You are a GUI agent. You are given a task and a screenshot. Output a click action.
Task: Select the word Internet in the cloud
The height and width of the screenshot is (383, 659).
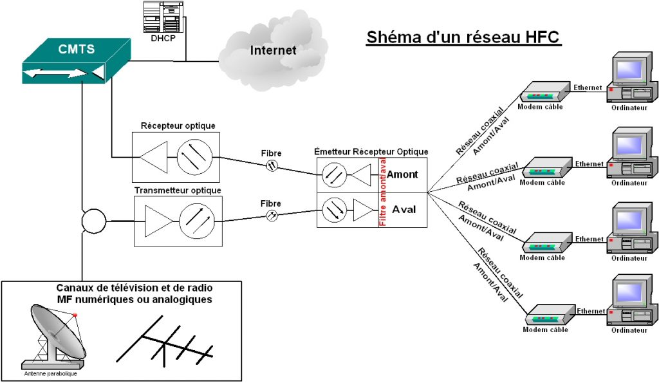pos(273,50)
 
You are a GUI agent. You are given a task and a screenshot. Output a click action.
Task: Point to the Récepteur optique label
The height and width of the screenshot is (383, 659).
pos(178,126)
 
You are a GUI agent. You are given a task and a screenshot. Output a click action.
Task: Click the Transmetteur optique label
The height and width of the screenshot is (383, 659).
pos(178,191)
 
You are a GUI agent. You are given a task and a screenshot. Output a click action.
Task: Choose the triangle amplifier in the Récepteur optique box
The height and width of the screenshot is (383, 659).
pos(153,156)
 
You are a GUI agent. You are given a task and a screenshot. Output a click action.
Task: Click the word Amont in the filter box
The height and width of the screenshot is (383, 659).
pos(402,174)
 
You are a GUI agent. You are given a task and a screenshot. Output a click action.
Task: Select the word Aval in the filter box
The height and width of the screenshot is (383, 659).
pos(404,209)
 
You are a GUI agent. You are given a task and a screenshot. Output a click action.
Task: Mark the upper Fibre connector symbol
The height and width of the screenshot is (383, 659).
pos(272,165)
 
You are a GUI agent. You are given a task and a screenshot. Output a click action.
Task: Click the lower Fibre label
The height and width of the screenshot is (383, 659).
pos(271,203)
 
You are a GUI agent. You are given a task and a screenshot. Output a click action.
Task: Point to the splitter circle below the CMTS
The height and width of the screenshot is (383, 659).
pos(93,221)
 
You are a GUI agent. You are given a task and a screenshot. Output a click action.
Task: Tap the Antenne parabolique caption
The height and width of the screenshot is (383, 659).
pos(50,373)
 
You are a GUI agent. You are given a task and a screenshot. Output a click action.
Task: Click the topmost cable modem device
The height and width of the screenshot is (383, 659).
pos(544,94)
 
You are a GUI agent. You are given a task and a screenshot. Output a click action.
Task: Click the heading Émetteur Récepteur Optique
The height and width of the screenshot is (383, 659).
pos(371,151)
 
